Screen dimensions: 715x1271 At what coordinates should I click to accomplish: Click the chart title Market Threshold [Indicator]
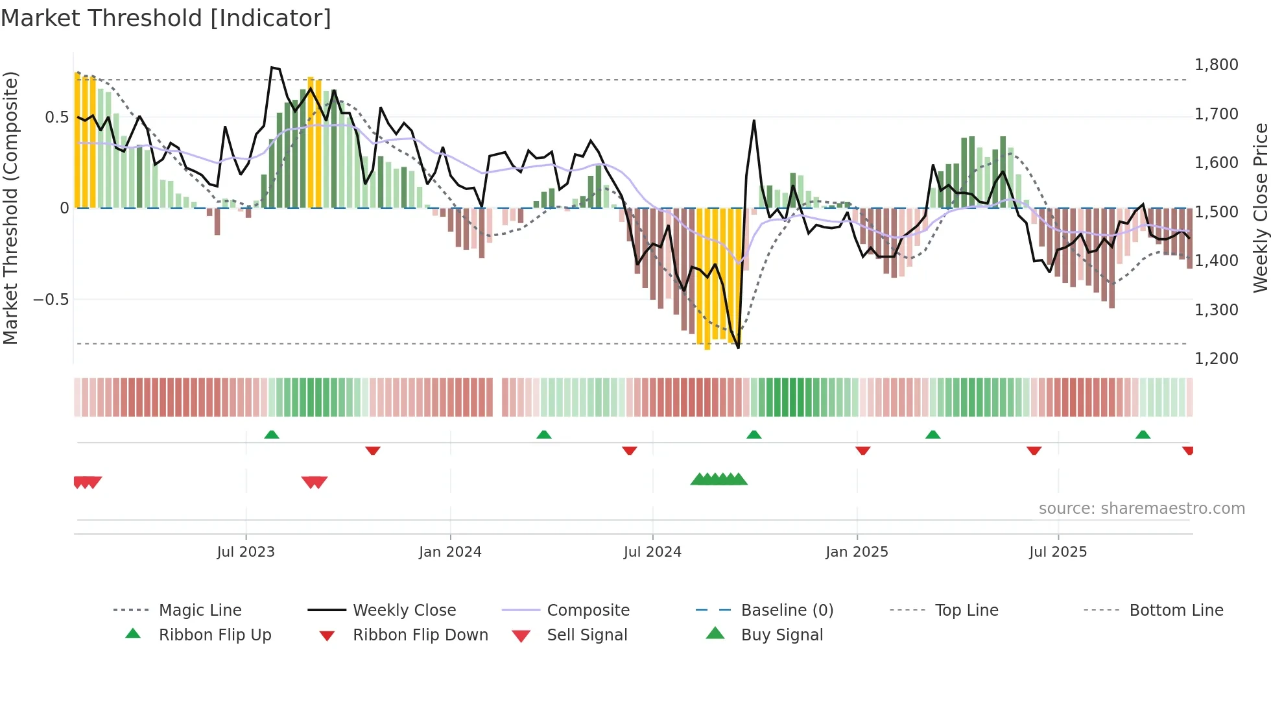point(166,18)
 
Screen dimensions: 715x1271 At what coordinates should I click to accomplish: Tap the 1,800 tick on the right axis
point(1216,65)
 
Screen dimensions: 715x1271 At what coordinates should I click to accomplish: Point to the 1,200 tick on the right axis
point(1216,359)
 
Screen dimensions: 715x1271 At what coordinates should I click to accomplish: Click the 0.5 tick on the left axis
point(56,117)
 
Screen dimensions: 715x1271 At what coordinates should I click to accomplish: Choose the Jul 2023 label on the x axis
point(246,552)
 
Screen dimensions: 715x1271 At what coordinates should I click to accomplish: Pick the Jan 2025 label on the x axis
point(857,552)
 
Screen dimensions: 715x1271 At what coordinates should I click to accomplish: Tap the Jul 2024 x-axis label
point(652,552)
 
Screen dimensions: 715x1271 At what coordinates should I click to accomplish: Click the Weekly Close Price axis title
point(1260,208)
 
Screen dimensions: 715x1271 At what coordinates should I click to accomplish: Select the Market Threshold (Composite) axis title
point(10,208)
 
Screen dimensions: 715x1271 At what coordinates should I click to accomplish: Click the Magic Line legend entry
point(200,611)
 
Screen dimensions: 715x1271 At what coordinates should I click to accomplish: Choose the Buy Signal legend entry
point(781,635)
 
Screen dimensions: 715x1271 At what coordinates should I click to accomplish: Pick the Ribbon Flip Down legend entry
point(420,635)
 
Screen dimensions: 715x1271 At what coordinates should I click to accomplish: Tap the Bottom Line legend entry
point(1176,611)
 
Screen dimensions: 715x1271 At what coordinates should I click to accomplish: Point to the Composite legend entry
point(588,611)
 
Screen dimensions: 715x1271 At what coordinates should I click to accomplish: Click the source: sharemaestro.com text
point(1141,509)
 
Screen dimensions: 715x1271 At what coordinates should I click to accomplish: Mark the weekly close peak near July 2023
point(273,67)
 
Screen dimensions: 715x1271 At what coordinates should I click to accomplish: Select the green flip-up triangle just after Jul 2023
point(272,435)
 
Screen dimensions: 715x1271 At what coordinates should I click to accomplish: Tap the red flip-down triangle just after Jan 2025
point(862,450)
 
